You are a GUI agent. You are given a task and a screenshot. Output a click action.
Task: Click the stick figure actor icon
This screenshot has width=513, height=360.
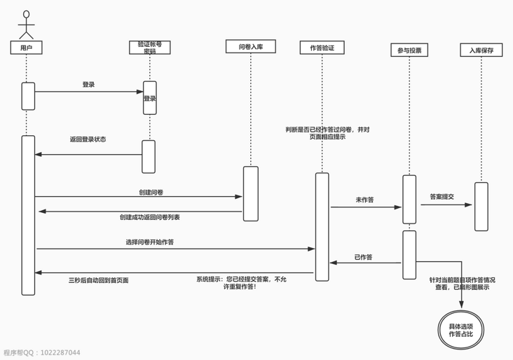pos(27,25)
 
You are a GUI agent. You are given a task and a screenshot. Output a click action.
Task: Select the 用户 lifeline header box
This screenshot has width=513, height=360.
pos(27,48)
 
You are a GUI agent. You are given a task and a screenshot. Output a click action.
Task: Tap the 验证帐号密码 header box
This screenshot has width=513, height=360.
pos(149,48)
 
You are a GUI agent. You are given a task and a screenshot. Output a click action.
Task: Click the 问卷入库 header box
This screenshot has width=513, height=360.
pos(250,47)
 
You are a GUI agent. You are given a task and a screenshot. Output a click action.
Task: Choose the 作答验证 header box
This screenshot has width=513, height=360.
pos(322,48)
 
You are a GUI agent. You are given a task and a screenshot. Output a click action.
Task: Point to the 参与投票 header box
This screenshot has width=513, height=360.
pos(409,50)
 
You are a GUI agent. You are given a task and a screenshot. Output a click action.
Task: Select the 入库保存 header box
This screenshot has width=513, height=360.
pos(481,50)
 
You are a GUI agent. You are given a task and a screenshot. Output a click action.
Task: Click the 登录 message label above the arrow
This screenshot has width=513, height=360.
pos(88,85)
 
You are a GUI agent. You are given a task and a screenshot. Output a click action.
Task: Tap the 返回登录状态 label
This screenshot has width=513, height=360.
pos(88,139)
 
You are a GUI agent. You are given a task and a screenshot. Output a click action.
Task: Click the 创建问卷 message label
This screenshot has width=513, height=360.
pos(151,192)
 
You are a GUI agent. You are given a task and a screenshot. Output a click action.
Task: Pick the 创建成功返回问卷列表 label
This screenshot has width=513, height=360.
pos(150,217)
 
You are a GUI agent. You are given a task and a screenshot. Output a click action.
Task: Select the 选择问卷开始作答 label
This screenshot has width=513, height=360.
pos(150,242)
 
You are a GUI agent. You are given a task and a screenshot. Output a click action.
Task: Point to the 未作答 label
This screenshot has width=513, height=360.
pos(364,200)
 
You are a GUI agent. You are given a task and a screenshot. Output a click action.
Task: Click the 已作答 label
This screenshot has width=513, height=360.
pos(363,257)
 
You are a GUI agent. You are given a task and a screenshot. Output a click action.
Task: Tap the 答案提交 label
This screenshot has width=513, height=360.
pos(442,197)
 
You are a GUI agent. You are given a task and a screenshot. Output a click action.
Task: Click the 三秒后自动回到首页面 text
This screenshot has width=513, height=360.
pos(98,280)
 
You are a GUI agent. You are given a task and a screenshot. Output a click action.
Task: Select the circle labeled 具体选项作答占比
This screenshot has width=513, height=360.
pos(460,330)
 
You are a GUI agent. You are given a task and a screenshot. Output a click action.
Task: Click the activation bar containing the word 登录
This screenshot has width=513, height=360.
pos(150,98)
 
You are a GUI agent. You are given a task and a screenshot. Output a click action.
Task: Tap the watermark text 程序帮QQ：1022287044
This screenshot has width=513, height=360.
pos(42,353)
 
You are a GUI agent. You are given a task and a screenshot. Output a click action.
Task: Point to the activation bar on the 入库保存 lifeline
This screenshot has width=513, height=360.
pos(481,207)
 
